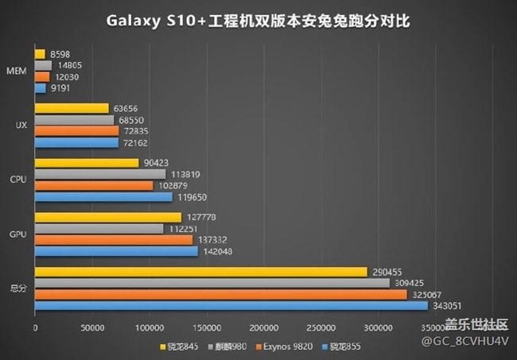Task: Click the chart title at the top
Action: coord(258,20)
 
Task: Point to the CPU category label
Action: coord(17,180)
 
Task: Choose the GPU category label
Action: coord(17,234)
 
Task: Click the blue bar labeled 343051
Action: coord(231,305)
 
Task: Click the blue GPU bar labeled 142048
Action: coord(116,251)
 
